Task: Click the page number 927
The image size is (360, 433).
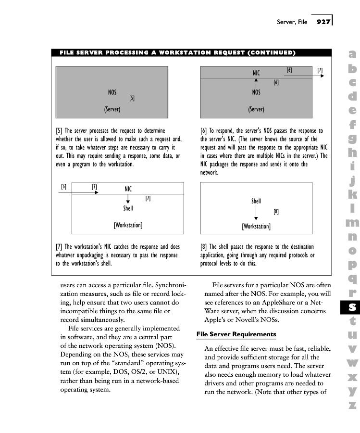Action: pyautogui.click(x=323, y=22)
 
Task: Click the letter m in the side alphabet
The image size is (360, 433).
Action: pyautogui.click(x=352, y=222)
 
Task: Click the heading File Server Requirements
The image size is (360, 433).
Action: pyautogui.click(x=236, y=334)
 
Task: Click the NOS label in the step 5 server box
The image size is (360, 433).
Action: pyautogui.click(x=112, y=92)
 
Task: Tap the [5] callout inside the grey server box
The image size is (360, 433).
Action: pyautogui.click(x=132, y=98)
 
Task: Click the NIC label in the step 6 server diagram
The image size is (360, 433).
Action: pyautogui.click(x=256, y=73)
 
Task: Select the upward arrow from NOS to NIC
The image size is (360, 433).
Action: pyautogui.click(x=256, y=83)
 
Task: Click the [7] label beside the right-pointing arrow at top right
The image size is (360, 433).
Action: pyautogui.click(x=320, y=70)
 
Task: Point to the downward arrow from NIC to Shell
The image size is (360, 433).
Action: pyautogui.click(x=128, y=198)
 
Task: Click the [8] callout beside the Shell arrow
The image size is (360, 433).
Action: pyautogui.click(x=276, y=211)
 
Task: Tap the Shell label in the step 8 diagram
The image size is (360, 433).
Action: pyautogui.click(x=256, y=201)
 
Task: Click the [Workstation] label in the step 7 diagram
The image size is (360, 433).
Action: pyautogui.click(x=128, y=225)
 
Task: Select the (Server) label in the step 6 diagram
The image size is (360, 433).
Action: pyautogui.click(x=256, y=109)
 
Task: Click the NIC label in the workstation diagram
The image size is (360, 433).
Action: pyautogui.click(x=128, y=189)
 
